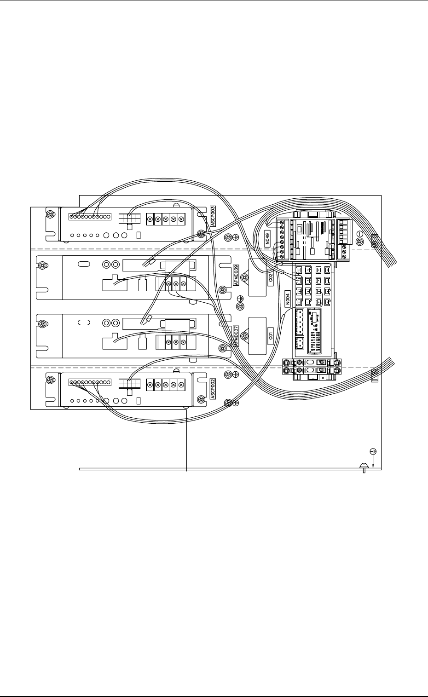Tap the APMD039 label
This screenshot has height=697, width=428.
click(x=237, y=276)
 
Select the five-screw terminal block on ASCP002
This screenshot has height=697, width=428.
click(x=166, y=385)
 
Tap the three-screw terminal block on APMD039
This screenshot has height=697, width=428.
click(x=176, y=284)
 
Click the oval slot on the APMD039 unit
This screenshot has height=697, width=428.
click(x=84, y=265)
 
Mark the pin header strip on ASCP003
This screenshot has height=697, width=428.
click(x=90, y=216)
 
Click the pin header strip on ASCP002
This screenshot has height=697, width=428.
click(x=90, y=382)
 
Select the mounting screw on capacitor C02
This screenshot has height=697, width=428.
click(x=245, y=277)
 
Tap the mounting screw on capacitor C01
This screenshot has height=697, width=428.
click(x=245, y=336)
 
